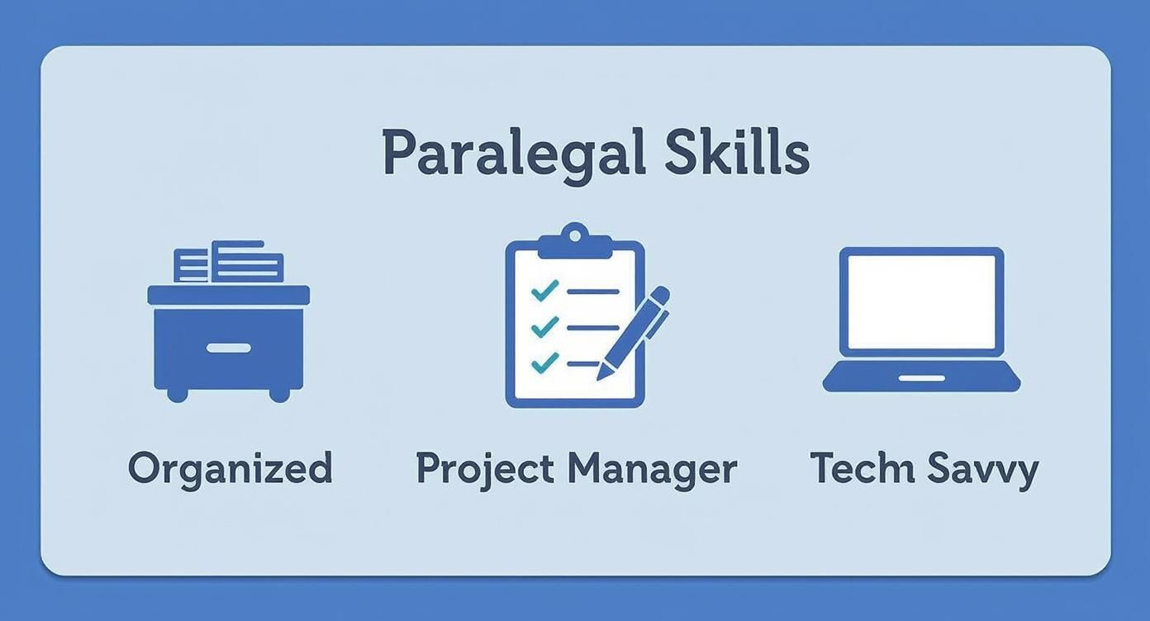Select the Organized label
230,468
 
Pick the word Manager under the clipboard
652,469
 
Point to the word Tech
862,468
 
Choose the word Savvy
982,469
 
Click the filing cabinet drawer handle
228,348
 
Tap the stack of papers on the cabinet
230,263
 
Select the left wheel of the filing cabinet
177,395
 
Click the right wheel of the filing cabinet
279,395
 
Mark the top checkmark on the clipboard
544,291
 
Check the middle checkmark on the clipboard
544,327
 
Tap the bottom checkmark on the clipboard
544,363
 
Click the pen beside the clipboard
635,330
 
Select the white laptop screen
921,301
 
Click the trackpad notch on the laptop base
921,378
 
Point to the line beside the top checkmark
592,292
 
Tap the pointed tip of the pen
601,377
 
